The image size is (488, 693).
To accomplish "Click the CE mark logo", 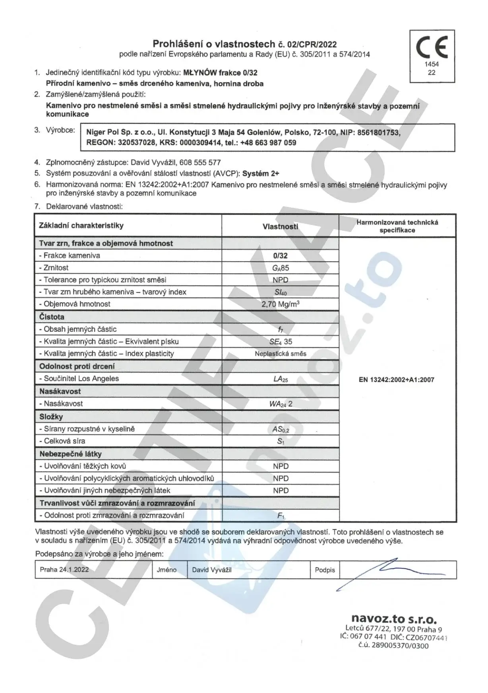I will click(432, 47).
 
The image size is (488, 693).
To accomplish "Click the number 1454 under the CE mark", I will click(432, 64).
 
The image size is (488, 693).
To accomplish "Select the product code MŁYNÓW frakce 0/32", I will click(220, 73).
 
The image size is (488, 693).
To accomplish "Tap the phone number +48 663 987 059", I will click(268, 143).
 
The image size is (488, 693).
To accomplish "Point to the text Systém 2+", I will click(261, 173).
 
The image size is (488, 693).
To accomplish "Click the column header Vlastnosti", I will click(280, 226).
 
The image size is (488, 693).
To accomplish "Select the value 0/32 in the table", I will click(280, 256).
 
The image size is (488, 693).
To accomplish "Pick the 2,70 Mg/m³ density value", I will click(280, 304).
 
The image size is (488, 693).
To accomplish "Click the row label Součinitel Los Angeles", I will click(81, 379).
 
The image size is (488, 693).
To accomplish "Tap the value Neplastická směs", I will click(281, 354).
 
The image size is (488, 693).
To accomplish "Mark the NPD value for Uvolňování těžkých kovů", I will click(281, 466).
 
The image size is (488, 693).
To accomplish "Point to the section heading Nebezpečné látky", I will click(70, 454).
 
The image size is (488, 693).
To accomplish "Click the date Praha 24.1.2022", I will click(64, 570).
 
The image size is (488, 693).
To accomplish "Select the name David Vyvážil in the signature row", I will click(212, 570).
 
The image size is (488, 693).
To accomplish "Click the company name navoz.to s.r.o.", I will click(394, 619).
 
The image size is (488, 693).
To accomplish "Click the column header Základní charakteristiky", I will click(81, 226).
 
